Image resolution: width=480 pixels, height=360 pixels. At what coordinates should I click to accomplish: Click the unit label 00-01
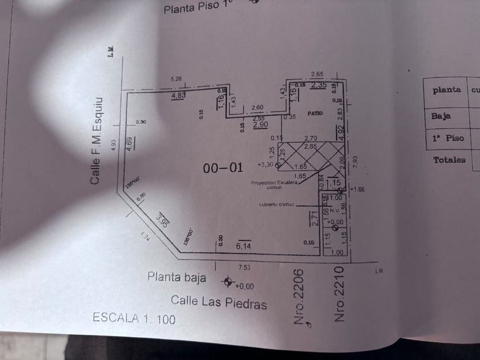(x=223, y=168)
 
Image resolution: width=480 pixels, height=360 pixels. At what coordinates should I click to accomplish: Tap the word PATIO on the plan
(x=315, y=114)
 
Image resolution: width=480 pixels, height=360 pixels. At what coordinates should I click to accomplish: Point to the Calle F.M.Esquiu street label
(x=96, y=141)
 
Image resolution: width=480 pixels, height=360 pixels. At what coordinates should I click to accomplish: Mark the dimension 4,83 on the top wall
(x=178, y=96)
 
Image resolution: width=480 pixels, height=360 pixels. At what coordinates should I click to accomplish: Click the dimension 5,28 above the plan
(x=176, y=78)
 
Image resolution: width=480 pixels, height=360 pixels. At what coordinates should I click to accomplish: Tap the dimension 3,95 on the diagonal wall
(x=162, y=221)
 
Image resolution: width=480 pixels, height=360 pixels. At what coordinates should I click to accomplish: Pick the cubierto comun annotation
(x=275, y=203)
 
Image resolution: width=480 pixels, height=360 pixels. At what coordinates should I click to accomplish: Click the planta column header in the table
(x=446, y=90)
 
